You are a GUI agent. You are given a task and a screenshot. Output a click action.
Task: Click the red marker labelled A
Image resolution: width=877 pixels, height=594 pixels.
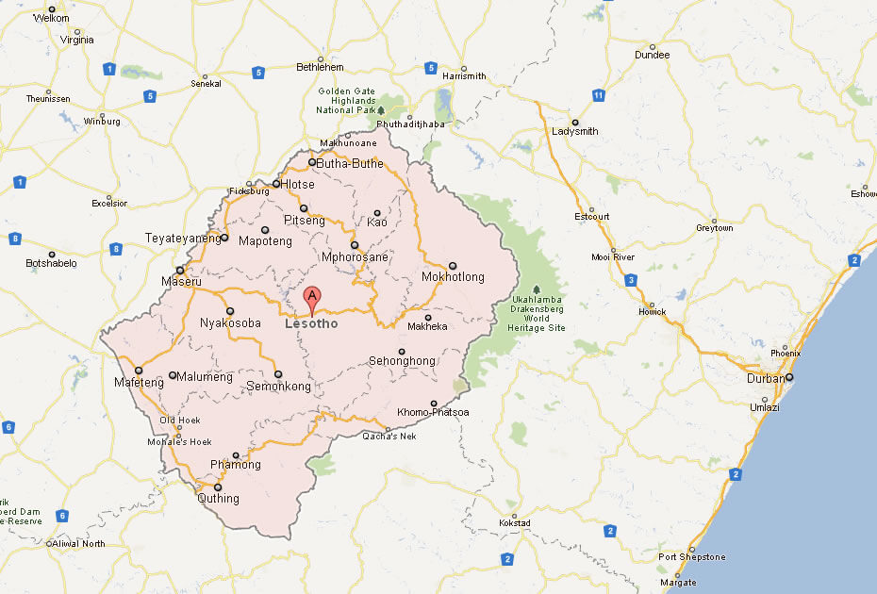pos(312,299)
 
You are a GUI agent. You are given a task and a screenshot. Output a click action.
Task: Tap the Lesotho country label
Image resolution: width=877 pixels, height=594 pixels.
pos(311,324)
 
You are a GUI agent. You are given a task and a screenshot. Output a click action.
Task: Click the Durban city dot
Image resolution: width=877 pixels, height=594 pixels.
pos(789,377)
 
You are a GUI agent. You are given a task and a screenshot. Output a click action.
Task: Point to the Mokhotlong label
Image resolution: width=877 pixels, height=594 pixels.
pos(453,277)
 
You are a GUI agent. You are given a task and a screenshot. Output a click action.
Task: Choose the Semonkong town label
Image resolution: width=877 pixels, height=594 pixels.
pos(278,387)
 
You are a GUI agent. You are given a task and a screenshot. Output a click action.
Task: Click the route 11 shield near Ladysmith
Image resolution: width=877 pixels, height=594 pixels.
pos(598,95)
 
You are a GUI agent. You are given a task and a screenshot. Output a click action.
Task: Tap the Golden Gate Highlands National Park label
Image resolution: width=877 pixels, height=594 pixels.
pos(347,101)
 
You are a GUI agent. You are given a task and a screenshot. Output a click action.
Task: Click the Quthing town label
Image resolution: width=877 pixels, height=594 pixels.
pos(218,499)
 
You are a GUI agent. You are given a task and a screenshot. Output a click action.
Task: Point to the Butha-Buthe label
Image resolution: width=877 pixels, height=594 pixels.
pos(350,163)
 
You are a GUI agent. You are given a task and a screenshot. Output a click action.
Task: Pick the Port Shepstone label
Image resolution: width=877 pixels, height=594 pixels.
pos(692,557)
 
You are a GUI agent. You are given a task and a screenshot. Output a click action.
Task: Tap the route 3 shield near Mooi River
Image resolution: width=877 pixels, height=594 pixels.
pos(629,279)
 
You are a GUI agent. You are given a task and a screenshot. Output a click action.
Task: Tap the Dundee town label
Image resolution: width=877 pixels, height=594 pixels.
pos(652,55)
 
